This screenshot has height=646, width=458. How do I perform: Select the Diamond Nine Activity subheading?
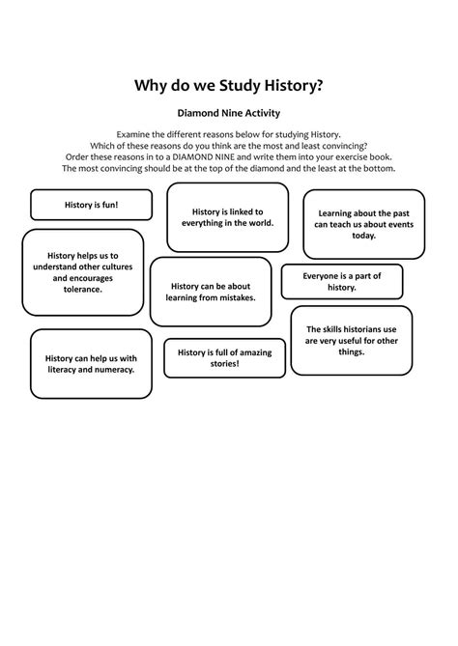point(228,113)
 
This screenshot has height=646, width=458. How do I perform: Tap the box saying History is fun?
point(91,205)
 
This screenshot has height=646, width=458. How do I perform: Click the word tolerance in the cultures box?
point(83,289)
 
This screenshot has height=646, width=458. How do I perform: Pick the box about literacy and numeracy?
point(91,364)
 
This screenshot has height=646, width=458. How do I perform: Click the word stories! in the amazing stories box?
point(224,364)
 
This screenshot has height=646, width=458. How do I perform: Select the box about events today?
point(364,224)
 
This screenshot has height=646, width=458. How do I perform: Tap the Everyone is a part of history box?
point(341,281)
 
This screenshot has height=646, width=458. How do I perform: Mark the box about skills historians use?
point(352,340)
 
